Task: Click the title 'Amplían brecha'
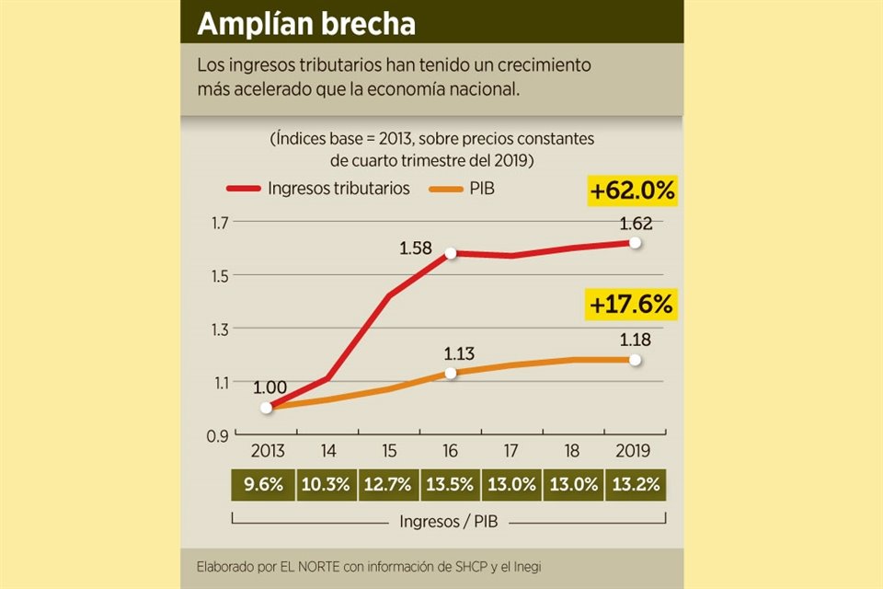click(307, 24)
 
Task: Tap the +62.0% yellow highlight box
click(633, 191)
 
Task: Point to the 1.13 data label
click(460, 353)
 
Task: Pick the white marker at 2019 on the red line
click(635, 243)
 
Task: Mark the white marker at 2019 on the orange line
click(635, 360)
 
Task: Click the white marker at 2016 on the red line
click(451, 253)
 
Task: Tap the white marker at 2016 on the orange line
click(451, 373)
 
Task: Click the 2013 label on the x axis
click(266, 452)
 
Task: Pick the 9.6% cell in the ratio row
click(265, 485)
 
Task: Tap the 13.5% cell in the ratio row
click(450, 485)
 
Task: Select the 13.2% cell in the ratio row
click(635, 485)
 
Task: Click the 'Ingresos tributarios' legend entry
click(338, 190)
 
